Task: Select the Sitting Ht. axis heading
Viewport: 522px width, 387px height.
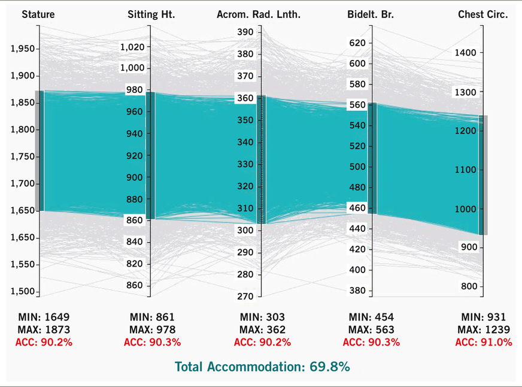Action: coord(151,14)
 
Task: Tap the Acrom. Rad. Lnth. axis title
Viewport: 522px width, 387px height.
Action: coord(259,14)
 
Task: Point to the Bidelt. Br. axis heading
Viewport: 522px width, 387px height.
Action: coord(371,14)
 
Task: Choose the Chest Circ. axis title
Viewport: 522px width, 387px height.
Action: coord(482,14)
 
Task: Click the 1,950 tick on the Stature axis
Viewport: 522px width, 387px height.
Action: coord(22,49)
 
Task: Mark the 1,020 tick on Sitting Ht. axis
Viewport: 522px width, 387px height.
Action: coord(132,47)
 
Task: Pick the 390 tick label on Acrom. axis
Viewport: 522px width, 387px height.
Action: coord(245,32)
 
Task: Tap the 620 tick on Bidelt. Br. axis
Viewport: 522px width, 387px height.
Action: coord(357,43)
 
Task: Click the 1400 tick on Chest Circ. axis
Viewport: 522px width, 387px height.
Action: coord(465,53)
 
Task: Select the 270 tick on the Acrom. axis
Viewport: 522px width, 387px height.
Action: coord(245,296)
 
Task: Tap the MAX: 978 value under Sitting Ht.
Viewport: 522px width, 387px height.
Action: coord(152,329)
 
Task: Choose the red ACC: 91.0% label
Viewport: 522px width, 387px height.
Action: coord(484,343)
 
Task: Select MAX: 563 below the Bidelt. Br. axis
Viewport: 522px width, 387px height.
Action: coord(370,329)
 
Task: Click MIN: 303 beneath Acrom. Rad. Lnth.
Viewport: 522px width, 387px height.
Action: coord(262,317)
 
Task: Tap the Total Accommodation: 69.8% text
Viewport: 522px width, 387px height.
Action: coord(262,367)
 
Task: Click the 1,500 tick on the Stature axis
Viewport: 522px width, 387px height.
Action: coord(22,292)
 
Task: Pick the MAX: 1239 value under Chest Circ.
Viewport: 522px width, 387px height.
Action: coord(484,329)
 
